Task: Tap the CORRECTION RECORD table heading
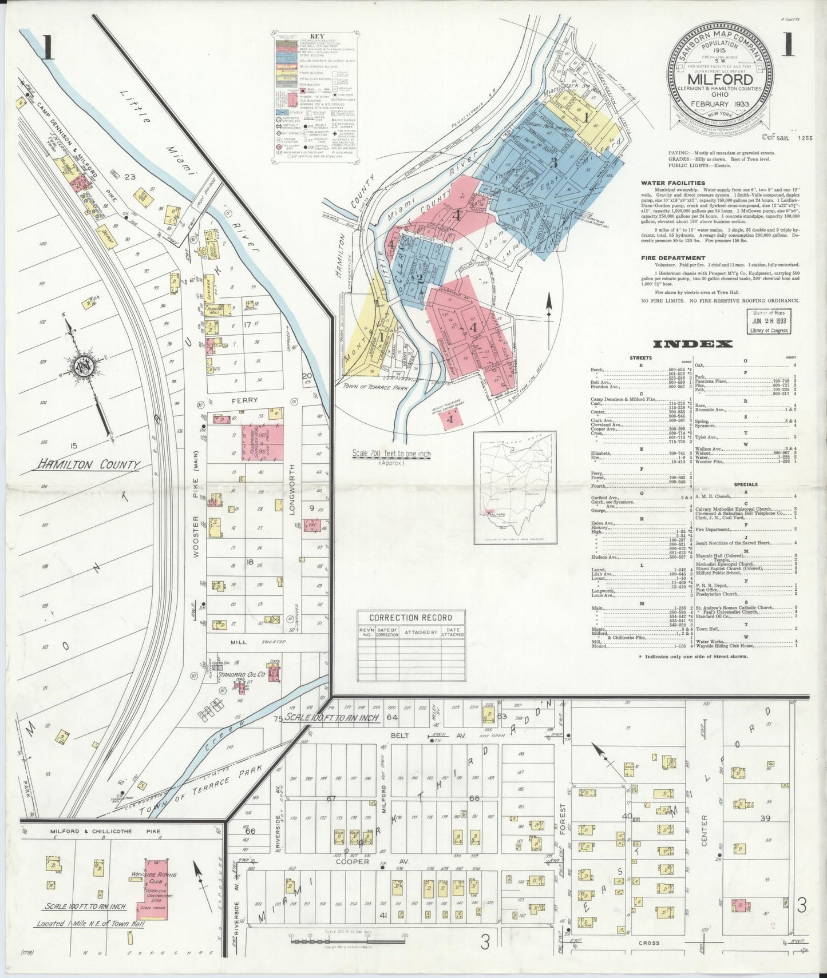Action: [410, 618]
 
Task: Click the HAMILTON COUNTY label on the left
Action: [88, 465]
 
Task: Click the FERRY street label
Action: [245, 400]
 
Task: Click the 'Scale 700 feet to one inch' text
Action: [391, 454]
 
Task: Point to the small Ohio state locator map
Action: [515, 486]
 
